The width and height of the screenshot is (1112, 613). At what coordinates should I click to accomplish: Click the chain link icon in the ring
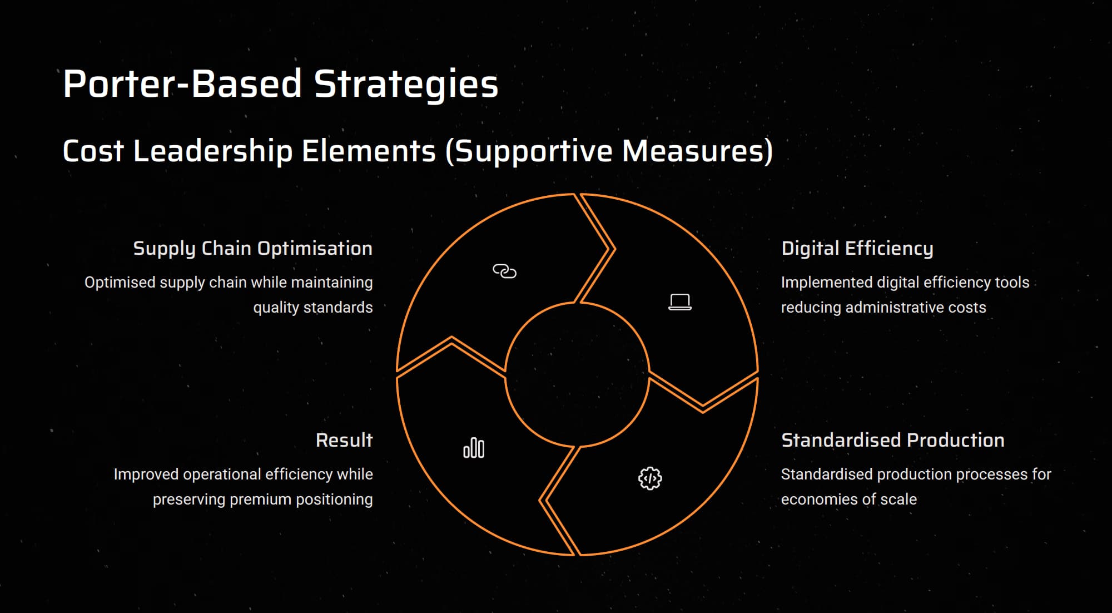pyautogui.click(x=504, y=271)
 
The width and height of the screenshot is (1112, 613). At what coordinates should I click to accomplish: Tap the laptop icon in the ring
pyautogui.click(x=680, y=302)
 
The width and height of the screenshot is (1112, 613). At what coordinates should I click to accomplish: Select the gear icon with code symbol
pyautogui.click(x=650, y=478)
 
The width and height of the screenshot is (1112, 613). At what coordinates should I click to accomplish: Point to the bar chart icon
pyautogui.click(x=474, y=448)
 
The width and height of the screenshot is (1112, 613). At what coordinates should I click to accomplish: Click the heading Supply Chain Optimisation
pyautogui.click(x=253, y=249)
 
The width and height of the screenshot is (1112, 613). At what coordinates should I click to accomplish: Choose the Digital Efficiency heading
pyautogui.click(x=857, y=249)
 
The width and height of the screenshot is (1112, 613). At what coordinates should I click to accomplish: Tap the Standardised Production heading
pyautogui.click(x=893, y=440)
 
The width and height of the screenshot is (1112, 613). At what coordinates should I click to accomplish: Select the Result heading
pyautogui.click(x=344, y=440)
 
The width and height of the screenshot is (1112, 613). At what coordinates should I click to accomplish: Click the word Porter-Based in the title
pyautogui.click(x=182, y=84)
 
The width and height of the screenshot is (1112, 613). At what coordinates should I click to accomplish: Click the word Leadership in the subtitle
pyautogui.click(x=213, y=151)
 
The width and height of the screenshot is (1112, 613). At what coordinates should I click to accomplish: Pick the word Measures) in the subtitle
pyautogui.click(x=697, y=151)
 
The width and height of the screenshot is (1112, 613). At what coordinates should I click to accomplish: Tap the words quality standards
pyautogui.click(x=313, y=308)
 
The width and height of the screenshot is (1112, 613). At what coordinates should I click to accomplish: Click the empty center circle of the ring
pyautogui.click(x=577, y=374)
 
